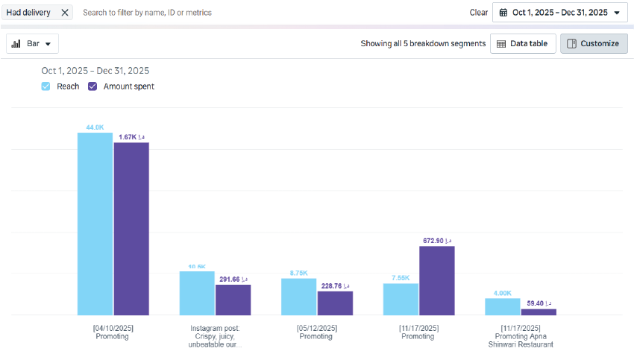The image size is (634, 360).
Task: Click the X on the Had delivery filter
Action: coord(65,13)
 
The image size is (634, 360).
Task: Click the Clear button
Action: coord(479,13)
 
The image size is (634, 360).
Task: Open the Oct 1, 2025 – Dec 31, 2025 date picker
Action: coord(559,13)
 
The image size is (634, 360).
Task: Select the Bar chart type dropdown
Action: coord(32,44)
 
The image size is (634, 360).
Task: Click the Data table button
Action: coord(522,44)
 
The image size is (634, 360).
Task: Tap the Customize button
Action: coord(594,44)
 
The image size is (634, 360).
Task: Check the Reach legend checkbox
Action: coord(46,86)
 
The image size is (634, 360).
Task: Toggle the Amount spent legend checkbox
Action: coord(93,86)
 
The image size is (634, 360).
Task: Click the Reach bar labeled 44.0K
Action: coord(95,224)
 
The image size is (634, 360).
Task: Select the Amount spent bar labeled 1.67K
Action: coord(131,228)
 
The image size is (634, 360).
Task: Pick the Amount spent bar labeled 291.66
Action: coord(233,300)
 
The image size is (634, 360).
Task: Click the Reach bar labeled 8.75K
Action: coord(298,297)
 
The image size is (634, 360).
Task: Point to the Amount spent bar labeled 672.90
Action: coord(436,280)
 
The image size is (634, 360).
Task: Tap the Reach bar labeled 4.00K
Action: coord(502,306)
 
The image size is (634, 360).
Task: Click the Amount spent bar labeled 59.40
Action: coord(539,312)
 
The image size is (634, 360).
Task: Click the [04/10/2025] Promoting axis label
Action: coord(113,332)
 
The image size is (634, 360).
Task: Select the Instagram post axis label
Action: coord(215,336)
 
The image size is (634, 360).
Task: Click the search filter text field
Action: coord(224,13)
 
